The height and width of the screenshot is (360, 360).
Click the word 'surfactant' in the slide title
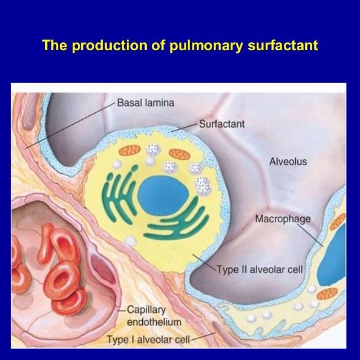coord(284,45)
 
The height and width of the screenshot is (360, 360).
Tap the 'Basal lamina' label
coord(146,103)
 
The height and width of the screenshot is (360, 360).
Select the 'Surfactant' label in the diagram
coord(222,124)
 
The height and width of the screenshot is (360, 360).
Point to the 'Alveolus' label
coord(288,162)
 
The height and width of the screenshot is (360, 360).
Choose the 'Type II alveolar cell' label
coord(260,270)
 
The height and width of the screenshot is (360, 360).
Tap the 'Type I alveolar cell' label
coord(149,340)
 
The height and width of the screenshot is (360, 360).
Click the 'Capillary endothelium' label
coord(152,316)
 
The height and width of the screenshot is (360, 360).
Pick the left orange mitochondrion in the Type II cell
coord(129,152)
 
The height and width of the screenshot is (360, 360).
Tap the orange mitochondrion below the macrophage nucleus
coord(327,294)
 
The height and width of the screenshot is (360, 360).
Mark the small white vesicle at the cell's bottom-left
coord(131,242)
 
